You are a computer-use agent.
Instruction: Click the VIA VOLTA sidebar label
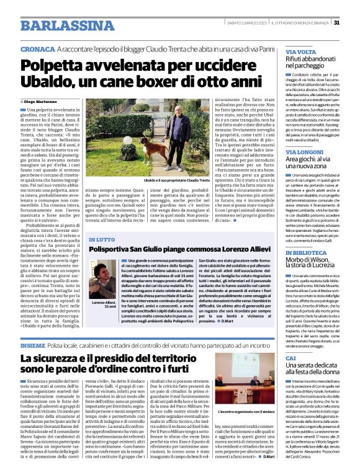[300, 52]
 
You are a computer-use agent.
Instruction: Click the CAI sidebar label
[290, 358]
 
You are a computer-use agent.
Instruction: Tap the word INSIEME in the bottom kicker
[32, 344]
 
